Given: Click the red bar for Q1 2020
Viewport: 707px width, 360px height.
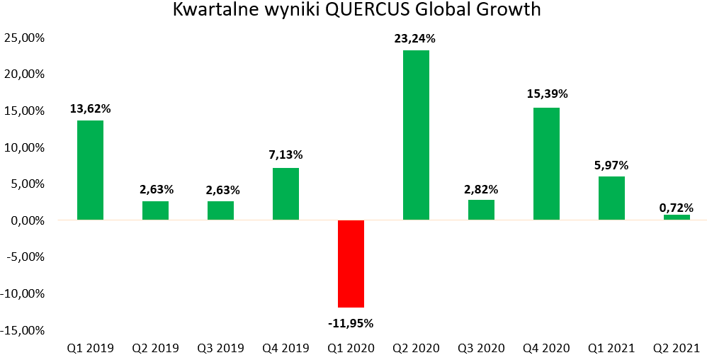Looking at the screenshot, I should point(351,264).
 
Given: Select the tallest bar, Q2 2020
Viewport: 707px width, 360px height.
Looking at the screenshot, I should point(416,135).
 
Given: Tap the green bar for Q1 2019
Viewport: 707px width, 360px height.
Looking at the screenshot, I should point(90,170).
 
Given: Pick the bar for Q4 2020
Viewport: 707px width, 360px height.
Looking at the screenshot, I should point(546,164).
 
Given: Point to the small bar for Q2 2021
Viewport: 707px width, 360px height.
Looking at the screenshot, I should point(677,218).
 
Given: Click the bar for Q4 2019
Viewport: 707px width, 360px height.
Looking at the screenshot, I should point(285,193).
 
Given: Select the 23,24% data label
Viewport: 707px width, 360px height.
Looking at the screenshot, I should point(415,40).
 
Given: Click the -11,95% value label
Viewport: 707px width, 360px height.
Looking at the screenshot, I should point(351,323).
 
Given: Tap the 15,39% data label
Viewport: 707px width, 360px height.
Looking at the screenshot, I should point(547,94).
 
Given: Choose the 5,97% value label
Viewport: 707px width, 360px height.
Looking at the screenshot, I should point(611,166).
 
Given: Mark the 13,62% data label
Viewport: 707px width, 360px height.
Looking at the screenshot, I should point(90,108).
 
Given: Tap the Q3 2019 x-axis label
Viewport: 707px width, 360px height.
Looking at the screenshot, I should point(220,348).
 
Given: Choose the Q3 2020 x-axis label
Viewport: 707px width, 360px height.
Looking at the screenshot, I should point(481,348).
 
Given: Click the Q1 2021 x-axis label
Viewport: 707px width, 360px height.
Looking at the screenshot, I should point(611,348).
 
